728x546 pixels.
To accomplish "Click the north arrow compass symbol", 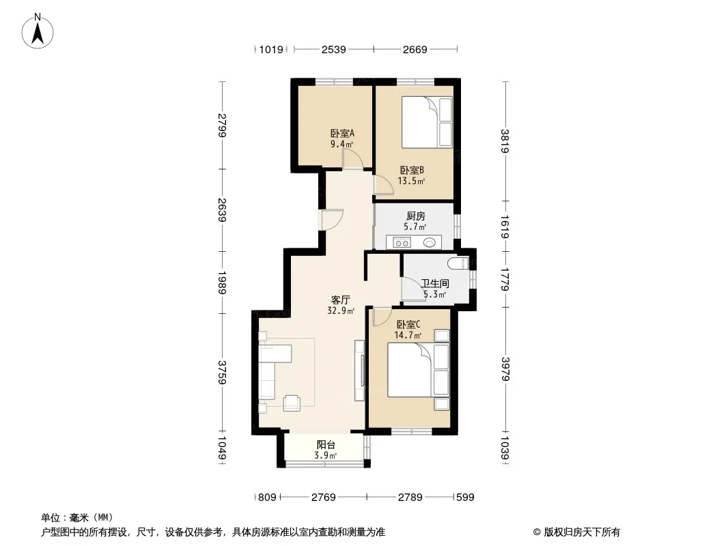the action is tap(38, 31).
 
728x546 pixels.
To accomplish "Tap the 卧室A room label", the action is tap(342, 134).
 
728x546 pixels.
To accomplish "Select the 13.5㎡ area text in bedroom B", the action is tap(411, 181).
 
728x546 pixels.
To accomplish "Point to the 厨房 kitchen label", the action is tap(415, 216).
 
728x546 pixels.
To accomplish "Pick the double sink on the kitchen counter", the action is tap(402, 242).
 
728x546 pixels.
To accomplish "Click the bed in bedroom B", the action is tap(427, 122).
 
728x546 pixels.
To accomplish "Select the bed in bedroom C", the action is tap(419, 370).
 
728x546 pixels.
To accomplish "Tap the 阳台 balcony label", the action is tap(326, 445).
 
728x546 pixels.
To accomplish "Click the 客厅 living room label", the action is tap(340, 300).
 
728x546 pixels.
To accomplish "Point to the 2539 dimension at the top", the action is tap(334, 49).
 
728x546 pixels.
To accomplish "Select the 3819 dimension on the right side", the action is tap(505, 141).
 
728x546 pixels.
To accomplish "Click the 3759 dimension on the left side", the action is tap(222, 373).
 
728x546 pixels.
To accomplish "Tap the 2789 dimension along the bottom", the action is tap(410, 498).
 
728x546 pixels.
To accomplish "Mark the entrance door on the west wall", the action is tap(331, 219).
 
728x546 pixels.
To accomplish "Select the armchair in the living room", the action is tap(292, 402).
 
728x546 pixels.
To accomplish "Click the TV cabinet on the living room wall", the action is tap(359, 370).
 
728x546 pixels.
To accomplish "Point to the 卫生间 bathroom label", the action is tap(435, 283).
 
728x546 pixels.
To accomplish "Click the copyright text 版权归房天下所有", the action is tap(582, 532).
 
